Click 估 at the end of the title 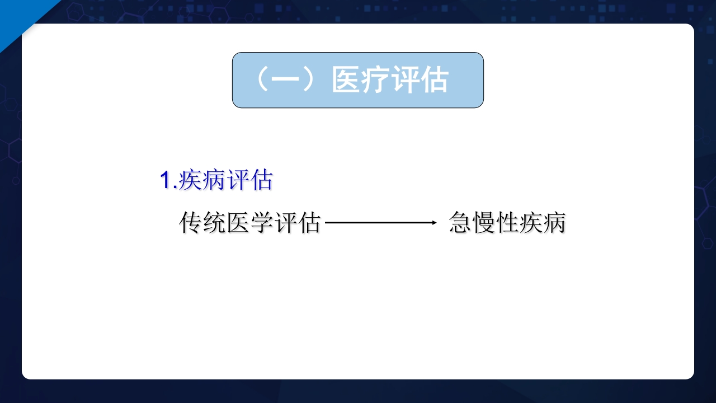435,80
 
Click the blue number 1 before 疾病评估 165,181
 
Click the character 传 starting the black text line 191,223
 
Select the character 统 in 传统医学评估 214,223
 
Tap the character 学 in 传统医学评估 262,223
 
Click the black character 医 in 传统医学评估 238,223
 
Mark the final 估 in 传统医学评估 309,223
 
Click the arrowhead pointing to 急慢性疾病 433,223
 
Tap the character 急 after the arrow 460,223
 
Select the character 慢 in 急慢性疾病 484,223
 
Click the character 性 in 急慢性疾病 507,223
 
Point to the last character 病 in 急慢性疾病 554,223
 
